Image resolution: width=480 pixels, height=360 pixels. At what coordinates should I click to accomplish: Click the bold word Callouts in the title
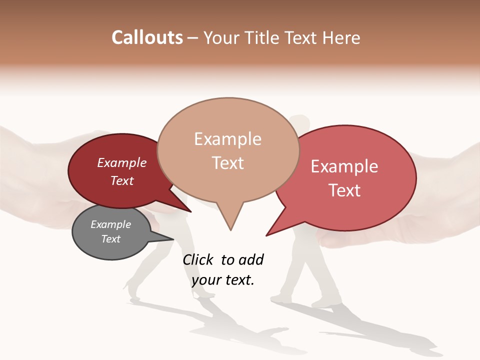(x=147, y=37)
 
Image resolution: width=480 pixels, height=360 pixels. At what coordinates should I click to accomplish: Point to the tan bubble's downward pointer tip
(x=230, y=230)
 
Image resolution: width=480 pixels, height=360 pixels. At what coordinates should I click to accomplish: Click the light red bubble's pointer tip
(x=266, y=235)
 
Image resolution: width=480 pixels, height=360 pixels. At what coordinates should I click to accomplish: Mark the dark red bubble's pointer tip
(x=191, y=211)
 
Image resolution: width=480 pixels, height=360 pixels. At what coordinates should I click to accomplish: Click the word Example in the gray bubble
(x=110, y=224)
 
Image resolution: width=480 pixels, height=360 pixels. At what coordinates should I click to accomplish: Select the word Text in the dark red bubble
(x=122, y=180)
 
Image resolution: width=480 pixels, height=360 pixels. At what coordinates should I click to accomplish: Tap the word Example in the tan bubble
(x=227, y=139)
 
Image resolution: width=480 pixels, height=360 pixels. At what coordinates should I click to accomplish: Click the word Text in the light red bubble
(x=344, y=190)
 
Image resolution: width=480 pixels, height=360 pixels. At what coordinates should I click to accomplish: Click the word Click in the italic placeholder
(x=198, y=259)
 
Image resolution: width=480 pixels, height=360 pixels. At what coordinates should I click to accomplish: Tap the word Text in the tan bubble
(x=227, y=162)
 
